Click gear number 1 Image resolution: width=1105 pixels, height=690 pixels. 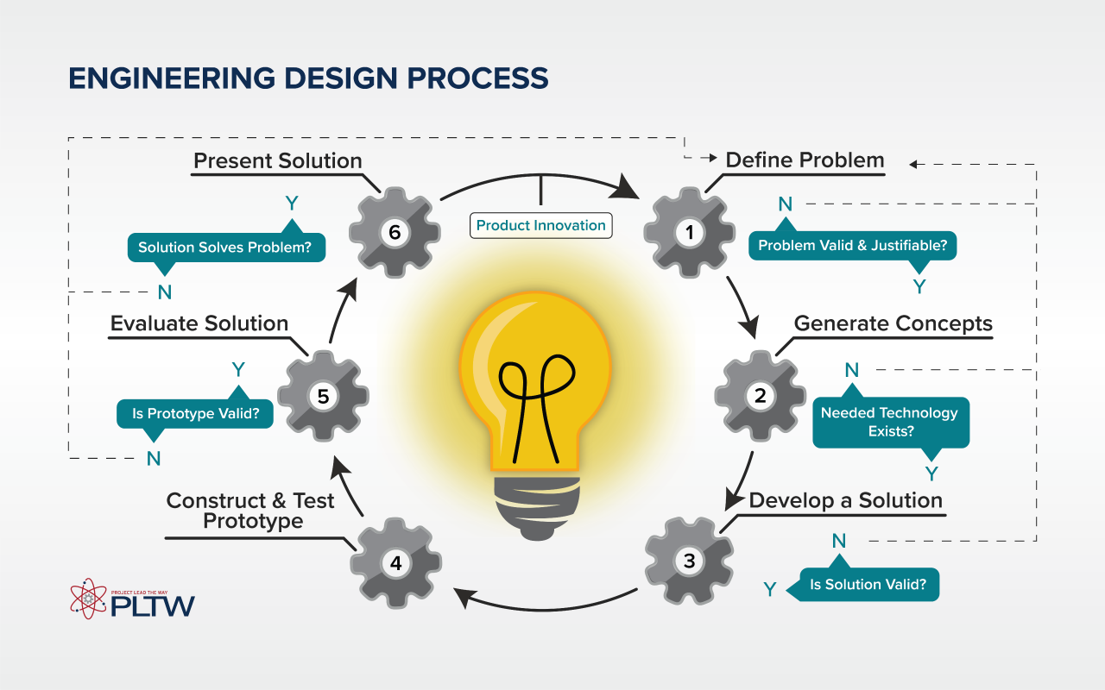(689, 232)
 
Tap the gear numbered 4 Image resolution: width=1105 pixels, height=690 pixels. (395, 563)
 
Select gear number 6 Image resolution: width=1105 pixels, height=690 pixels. (394, 232)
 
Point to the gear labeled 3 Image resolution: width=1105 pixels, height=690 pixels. (689, 561)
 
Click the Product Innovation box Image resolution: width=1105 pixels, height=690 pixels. (541, 225)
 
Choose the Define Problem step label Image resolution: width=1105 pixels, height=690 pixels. (805, 160)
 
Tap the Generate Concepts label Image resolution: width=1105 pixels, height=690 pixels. (893, 323)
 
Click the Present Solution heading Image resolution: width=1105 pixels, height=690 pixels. (277, 160)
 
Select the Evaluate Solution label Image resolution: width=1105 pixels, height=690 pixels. (199, 323)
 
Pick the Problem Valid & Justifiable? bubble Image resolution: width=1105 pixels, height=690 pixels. (852, 246)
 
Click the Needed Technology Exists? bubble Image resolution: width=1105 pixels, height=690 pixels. (890, 422)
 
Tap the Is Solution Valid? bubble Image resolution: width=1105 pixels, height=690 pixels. (868, 585)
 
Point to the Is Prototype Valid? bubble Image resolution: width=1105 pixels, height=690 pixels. (195, 414)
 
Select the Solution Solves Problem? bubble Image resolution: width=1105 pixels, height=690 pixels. (226, 247)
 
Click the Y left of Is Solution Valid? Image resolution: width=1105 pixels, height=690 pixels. (770, 589)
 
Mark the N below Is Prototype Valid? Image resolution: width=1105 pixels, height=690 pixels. (154, 459)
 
